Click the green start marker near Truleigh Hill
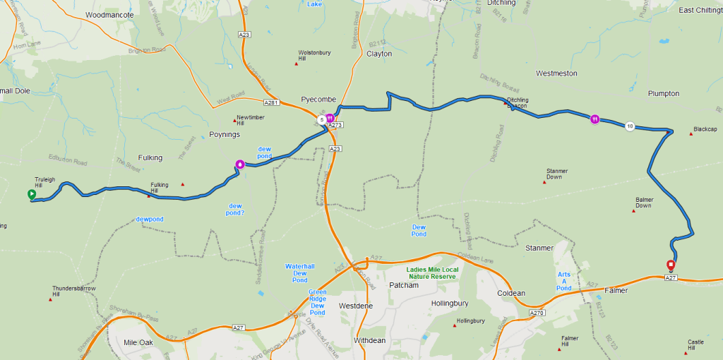coord(31,194)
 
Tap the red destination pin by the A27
coord(671,266)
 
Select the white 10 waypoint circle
coord(629,126)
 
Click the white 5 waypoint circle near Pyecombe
coord(321,120)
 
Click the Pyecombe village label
coord(318,100)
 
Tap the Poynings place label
coord(225,134)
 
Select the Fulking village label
coord(150,157)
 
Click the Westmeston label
coord(556,73)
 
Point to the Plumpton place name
coord(664,93)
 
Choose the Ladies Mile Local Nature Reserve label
coord(432,273)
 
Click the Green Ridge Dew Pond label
coord(317,301)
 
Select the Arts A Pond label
coord(563,281)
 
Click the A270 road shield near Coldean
coord(537,313)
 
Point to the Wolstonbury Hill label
coord(311,56)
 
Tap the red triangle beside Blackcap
coord(690,131)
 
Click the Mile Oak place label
coord(138,342)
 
